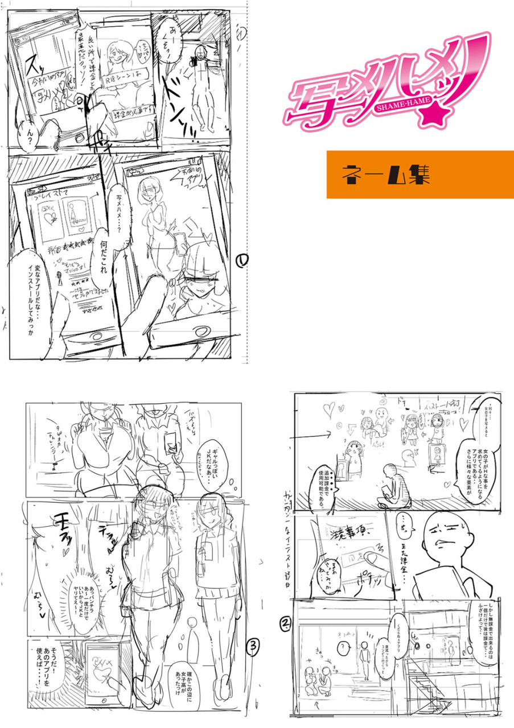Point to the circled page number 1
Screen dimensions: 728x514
pos(241,260)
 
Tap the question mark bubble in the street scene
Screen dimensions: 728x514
pos(343,647)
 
